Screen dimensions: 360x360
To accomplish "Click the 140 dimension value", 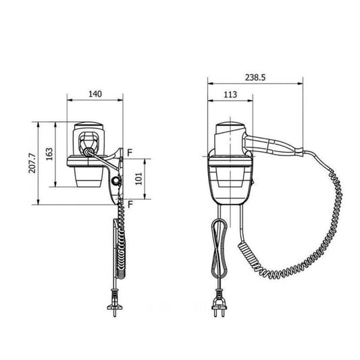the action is click(95, 94).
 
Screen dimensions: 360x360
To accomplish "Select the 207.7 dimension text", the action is click(32, 163).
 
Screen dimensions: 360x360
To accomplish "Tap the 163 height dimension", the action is click(49, 154).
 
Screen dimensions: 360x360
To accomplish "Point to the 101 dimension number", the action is click(138, 179).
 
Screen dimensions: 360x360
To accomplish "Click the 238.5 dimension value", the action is click(255, 78).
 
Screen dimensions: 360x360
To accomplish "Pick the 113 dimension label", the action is click(230, 95).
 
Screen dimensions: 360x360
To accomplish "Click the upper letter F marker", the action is click(130, 153).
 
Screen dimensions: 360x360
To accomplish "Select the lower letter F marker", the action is click(130, 205).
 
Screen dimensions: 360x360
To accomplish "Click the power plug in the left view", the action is click(115, 303).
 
